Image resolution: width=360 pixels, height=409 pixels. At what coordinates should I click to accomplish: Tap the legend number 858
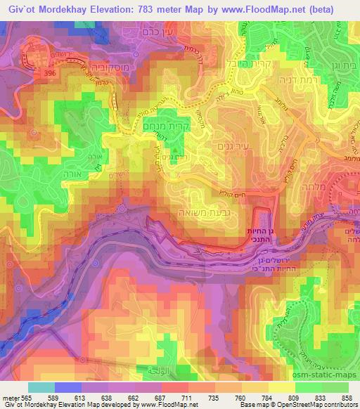click(346, 395)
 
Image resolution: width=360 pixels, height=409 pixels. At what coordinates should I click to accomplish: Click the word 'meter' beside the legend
click(8, 395)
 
